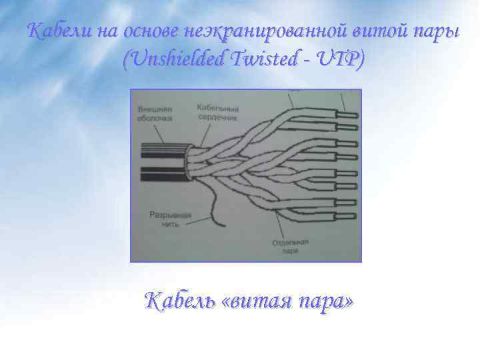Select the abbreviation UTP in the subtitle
343,60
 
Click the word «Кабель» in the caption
181,301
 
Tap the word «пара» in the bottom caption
325,301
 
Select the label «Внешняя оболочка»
154,113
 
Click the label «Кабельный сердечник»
218,111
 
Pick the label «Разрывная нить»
170,220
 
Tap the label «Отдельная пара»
289,247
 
